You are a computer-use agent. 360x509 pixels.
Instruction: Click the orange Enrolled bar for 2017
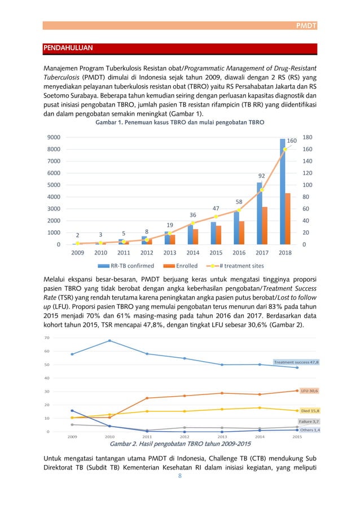(264, 225)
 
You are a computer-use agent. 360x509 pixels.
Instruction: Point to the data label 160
(292, 140)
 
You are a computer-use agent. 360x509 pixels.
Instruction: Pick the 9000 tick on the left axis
(54, 137)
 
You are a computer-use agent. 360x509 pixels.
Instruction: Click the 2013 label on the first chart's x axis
(170, 252)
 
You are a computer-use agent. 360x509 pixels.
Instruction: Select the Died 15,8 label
(310, 411)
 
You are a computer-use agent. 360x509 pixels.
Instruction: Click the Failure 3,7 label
(309, 422)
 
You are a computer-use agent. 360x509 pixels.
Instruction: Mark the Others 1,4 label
(309, 430)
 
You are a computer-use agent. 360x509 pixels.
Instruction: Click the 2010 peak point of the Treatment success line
(109, 340)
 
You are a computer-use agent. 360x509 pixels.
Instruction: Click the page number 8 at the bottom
(180, 476)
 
